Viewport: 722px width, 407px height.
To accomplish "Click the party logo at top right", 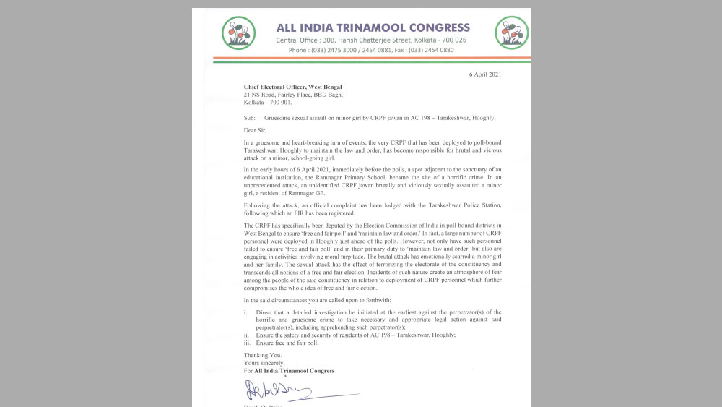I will (x=511, y=33).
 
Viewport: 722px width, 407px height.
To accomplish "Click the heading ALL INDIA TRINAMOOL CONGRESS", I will (x=373, y=28).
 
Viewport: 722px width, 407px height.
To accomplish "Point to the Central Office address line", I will (x=371, y=40).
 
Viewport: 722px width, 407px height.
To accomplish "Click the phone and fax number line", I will (x=371, y=51).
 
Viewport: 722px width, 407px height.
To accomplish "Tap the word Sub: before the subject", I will (x=249, y=118).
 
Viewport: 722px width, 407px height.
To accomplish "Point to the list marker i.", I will (x=245, y=312).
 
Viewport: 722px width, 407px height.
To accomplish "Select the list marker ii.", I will (x=246, y=335).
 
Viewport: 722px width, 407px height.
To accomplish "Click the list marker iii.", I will (x=247, y=343).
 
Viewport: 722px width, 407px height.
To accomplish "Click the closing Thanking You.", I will (x=262, y=355).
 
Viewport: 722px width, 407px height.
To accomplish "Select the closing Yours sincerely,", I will (x=264, y=363).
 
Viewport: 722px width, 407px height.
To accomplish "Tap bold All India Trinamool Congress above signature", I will (x=294, y=371).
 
